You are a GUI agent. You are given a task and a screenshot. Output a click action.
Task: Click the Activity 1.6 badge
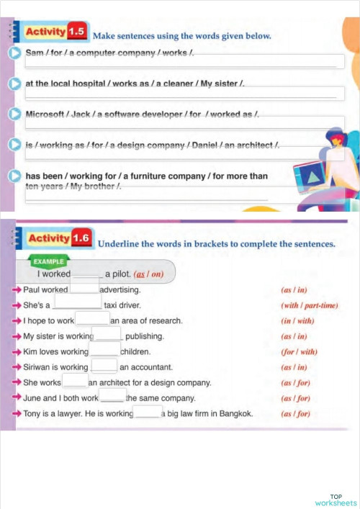(59, 238)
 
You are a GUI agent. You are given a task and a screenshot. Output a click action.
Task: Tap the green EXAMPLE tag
(48, 261)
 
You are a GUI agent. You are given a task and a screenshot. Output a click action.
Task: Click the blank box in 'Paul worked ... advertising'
(84, 289)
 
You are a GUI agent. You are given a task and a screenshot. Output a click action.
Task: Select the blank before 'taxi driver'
(77, 305)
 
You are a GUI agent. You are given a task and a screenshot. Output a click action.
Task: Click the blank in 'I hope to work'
(92, 320)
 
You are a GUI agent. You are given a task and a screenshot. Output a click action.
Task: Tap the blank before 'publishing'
(107, 335)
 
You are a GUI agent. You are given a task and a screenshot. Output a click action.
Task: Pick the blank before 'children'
(104, 351)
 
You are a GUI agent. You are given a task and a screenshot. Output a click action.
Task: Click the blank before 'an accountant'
(104, 366)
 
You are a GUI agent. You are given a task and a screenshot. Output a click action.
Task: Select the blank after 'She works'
(74, 382)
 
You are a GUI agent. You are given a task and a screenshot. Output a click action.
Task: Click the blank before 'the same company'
(112, 397)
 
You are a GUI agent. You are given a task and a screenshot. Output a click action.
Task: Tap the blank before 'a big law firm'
(148, 413)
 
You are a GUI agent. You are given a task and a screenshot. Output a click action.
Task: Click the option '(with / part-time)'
(309, 305)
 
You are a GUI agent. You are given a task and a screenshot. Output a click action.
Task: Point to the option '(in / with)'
(296, 320)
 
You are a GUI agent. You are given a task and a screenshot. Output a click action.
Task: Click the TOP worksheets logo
(336, 500)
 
